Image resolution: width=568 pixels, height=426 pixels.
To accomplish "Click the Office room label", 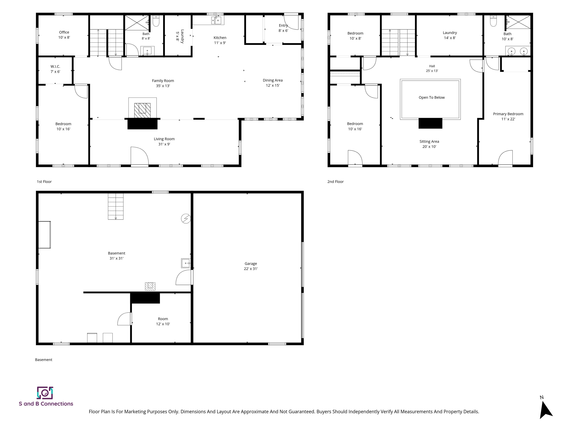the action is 64,32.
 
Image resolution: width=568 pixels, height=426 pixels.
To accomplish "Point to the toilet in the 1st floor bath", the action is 156,21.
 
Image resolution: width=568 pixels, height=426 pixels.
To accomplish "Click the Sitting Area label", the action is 429,141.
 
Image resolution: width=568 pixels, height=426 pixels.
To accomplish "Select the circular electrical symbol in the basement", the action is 186,219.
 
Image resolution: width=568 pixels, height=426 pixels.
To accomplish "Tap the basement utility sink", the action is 186,263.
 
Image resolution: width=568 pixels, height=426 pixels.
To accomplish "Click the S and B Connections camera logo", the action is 45,393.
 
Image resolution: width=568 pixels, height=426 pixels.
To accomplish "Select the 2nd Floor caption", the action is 335,182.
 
